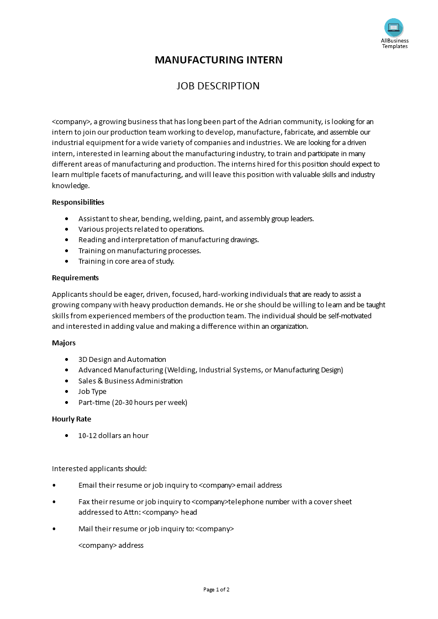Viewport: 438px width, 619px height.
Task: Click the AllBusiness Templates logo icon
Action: pyautogui.click(x=394, y=27)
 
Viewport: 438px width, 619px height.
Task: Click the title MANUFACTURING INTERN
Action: pyautogui.click(x=218, y=60)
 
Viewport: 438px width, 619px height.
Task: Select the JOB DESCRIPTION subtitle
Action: pyautogui.click(x=218, y=86)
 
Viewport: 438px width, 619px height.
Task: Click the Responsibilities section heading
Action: pyautogui.click(x=78, y=202)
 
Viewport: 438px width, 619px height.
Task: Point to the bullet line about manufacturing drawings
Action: pyautogui.click(x=168, y=239)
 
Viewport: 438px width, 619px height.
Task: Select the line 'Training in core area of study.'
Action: pyautogui.click(x=126, y=261)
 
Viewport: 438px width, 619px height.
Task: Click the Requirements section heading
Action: pyautogui.click(x=75, y=278)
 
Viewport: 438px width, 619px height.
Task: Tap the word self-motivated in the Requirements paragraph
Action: pyautogui.click(x=349, y=316)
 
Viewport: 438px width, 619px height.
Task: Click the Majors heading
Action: pyautogui.click(x=64, y=343)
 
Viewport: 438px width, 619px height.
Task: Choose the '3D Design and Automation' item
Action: pyautogui.click(x=122, y=359)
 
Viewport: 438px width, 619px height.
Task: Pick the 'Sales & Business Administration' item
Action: pyautogui.click(x=130, y=381)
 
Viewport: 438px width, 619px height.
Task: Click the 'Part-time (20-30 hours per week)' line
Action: pyautogui.click(x=133, y=402)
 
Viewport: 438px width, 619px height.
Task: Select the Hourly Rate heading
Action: pyautogui.click(x=71, y=419)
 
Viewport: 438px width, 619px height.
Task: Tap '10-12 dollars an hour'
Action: pyautogui.click(x=113, y=435)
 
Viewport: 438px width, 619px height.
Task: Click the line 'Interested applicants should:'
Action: pyautogui.click(x=99, y=468)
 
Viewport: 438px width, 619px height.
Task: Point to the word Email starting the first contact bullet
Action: pyautogui.click(x=87, y=485)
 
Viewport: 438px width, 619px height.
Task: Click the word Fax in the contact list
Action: pyautogui.click(x=85, y=501)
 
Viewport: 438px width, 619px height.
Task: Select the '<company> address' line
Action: pyautogui.click(x=111, y=545)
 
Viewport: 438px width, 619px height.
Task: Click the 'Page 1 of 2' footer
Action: pyautogui.click(x=217, y=589)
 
